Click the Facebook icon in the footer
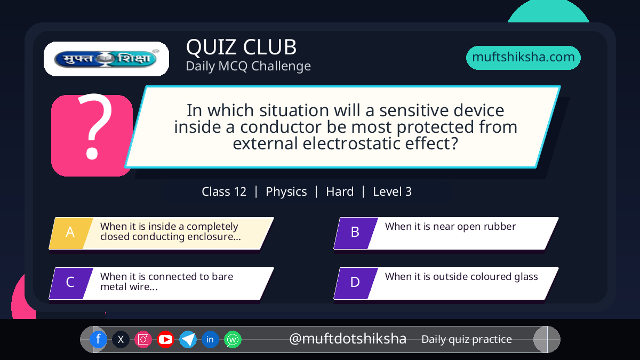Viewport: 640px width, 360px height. click(98, 339)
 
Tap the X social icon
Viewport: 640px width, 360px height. click(121, 339)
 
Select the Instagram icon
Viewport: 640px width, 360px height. click(143, 339)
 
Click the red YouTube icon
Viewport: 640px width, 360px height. click(165, 339)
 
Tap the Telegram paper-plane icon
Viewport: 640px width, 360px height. click(188, 339)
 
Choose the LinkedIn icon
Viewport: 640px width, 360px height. click(210, 339)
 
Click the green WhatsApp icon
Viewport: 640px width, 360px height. click(233, 339)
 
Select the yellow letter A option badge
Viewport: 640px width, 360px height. click(71, 233)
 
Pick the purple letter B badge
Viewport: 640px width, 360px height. click(356, 233)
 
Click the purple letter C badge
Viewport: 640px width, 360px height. click(71, 283)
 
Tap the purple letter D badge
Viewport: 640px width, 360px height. click(356, 283)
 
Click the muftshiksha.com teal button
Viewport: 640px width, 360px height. click(523, 58)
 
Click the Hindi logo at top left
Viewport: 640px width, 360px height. click(106, 59)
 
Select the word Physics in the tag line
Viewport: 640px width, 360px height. click(286, 191)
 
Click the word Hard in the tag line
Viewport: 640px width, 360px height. click(340, 191)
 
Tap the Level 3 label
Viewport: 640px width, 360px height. click(393, 191)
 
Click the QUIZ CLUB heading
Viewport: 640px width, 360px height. click(242, 47)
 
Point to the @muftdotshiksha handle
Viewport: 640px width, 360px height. click(347, 339)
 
